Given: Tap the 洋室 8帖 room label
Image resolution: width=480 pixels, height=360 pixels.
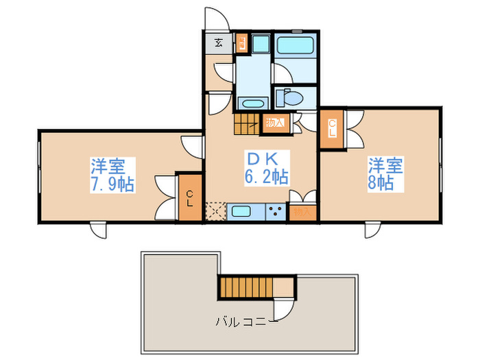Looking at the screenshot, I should click(x=385, y=175).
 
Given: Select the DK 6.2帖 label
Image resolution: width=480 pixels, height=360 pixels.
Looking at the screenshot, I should click(x=265, y=167).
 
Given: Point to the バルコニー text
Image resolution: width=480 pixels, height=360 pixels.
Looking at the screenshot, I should click(x=246, y=321).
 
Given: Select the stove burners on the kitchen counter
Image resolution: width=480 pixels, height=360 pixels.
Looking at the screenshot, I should click(x=277, y=211).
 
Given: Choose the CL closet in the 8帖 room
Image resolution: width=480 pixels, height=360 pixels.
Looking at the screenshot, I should click(x=332, y=129).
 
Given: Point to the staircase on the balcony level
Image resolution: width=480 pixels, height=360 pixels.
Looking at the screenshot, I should click(x=244, y=286).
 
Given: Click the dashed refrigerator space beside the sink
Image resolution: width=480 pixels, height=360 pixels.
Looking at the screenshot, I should click(x=215, y=211).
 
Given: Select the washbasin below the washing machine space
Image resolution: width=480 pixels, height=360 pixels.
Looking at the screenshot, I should click(x=252, y=104).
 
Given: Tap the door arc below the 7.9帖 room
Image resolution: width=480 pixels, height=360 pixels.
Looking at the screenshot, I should click(x=97, y=230).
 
